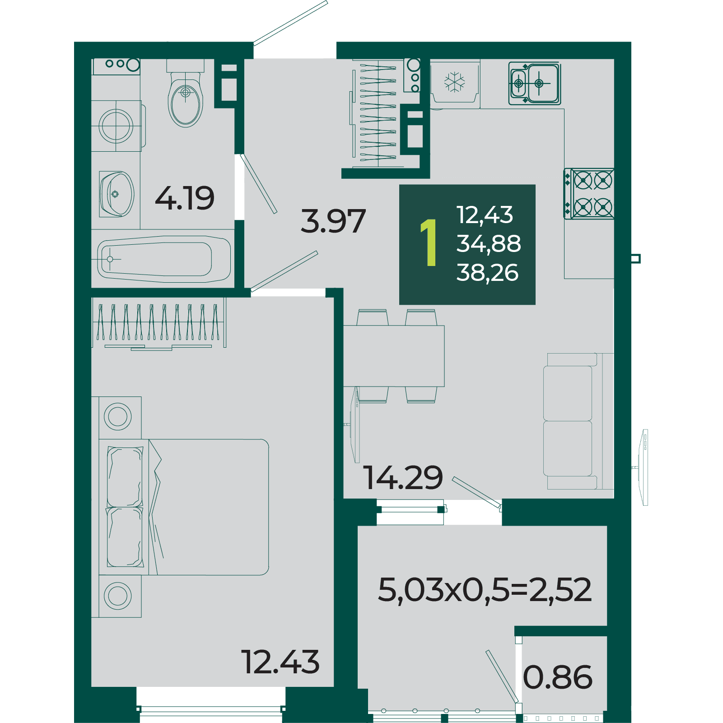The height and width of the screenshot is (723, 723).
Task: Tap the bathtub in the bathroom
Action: coord(164,259)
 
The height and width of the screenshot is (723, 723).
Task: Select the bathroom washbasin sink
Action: coord(117,194)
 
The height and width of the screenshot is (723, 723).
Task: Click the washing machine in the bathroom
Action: coord(117,126)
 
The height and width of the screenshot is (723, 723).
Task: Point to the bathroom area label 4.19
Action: coord(185,198)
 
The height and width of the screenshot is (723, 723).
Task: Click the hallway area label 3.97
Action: coord(333,221)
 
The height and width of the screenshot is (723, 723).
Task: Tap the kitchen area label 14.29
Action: coord(403,477)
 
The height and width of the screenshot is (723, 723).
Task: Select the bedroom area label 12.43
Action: coord(280,662)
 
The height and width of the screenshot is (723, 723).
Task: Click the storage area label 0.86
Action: coord(558,677)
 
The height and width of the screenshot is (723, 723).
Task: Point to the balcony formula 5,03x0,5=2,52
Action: coord(485,590)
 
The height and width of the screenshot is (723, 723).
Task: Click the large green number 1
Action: coord(429,243)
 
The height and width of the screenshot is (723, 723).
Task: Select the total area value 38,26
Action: coord(487,273)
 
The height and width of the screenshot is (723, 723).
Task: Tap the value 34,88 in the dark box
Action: coord(489,244)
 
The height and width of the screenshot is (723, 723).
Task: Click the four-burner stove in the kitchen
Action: coord(589,194)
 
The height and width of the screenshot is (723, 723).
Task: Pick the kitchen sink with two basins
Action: coord(535,84)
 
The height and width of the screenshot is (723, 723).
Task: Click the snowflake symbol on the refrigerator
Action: coord(455,82)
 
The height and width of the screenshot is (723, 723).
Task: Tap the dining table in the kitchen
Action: coord(394,356)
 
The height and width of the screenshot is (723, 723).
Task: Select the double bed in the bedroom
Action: coord(184,507)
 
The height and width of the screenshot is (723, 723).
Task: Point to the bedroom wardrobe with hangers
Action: coord(159,323)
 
